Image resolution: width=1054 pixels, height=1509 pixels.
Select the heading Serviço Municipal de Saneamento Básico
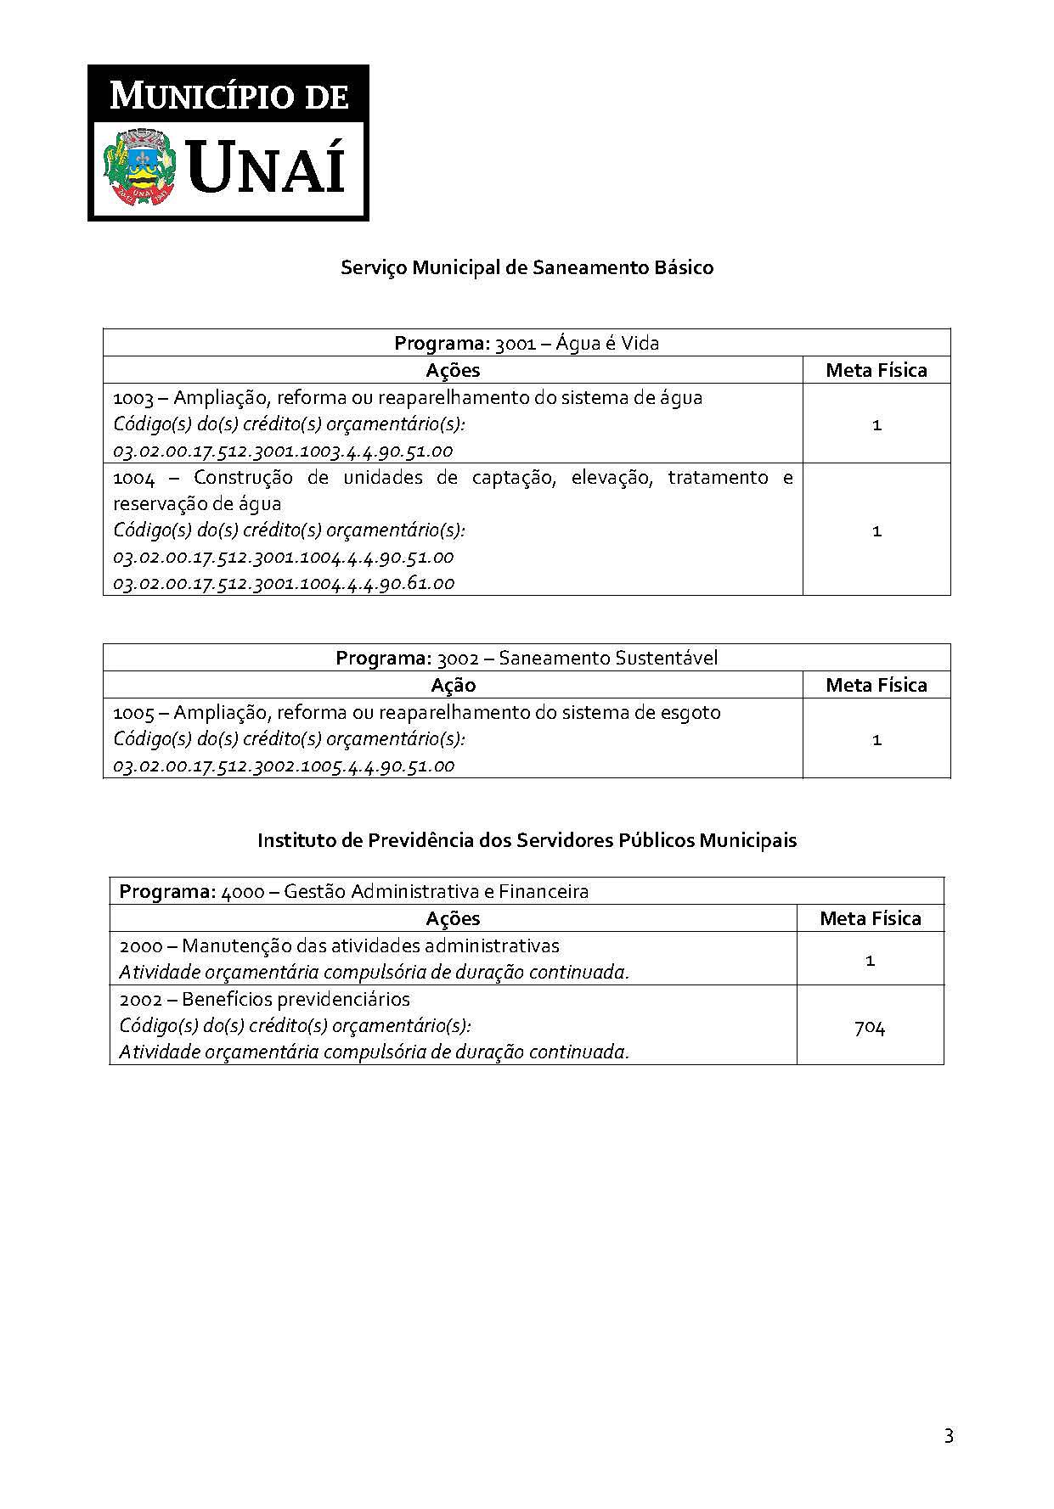click(x=527, y=267)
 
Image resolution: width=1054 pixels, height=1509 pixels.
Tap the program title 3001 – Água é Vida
click(x=527, y=343)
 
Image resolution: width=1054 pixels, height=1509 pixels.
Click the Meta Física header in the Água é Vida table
click(x=876, y=370)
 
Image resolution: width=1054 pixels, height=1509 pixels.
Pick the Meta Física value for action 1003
click(x=876, y=424)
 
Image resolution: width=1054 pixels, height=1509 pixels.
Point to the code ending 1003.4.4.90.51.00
click(x=283, y=451)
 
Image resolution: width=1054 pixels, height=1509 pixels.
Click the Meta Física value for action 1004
click(x=876, y=530)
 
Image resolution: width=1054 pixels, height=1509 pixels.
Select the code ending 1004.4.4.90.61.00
click(x=284, y=583)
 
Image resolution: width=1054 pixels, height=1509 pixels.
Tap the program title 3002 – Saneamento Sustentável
click(x=527, y=658)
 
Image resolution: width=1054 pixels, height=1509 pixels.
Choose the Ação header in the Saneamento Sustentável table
click(x=453, y=685)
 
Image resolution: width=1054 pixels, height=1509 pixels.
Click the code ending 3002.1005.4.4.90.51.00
click(x=284, y=766)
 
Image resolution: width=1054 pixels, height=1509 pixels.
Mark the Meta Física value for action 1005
click(x=876, y=739)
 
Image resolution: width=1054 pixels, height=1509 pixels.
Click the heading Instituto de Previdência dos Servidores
click(x=527, y=840)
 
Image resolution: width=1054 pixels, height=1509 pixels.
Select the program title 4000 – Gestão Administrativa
click(x=354, y=891)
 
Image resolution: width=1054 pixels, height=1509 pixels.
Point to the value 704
click(x=870, y=1027)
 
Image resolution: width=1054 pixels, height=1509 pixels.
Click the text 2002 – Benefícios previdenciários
click(x=264, y=999)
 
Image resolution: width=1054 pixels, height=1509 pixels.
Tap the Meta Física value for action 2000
click(x=870, y=960)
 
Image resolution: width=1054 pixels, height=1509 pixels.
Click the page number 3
click(x=949, y=1436)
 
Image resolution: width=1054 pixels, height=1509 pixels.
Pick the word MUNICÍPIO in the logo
click(x=199, y=96)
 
